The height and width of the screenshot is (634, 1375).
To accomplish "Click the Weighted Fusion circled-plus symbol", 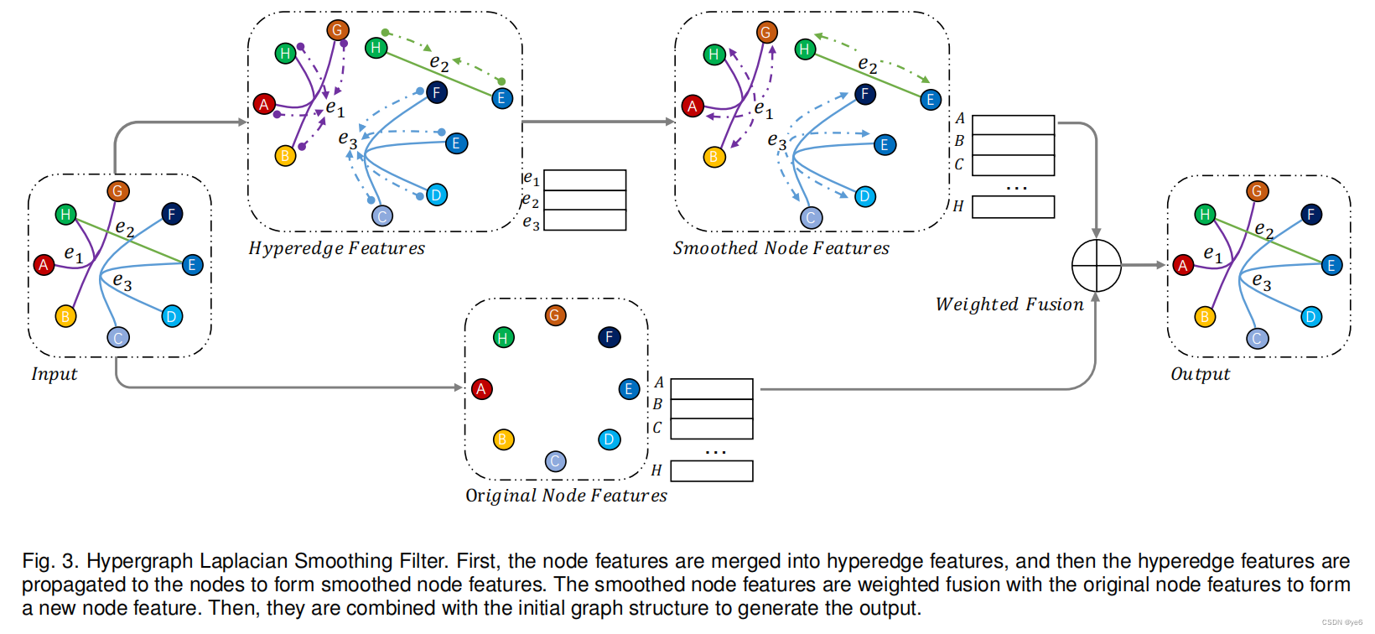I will [1096, 266].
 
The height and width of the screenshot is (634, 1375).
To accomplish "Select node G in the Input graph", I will [117, 191].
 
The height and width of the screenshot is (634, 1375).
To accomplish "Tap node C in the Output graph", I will [1257, 339].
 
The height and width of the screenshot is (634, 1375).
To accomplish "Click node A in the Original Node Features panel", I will [481, 389].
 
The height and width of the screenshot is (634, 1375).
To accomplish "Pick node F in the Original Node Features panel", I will [609, 337].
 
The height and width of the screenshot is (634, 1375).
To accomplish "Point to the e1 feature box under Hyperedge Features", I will [585, 180].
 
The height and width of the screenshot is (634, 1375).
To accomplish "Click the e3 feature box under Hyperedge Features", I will [585, 221].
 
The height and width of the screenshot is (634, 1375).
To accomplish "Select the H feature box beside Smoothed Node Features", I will [1013, 207].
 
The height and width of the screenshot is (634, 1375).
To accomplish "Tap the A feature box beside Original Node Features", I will [712, 389].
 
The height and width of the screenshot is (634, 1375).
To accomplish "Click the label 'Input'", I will [54, 374].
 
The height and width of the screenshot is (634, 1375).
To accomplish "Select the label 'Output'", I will [1200, 374].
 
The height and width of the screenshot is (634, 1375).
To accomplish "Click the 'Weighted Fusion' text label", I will [1009, 304].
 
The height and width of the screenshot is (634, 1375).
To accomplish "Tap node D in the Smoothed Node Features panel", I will [864, 197].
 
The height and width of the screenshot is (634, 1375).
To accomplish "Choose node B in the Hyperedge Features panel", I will [285, 155].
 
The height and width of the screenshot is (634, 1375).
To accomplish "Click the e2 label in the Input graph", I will [124, 228].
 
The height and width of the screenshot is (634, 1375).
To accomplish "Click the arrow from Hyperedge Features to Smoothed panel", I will [598, 122].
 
